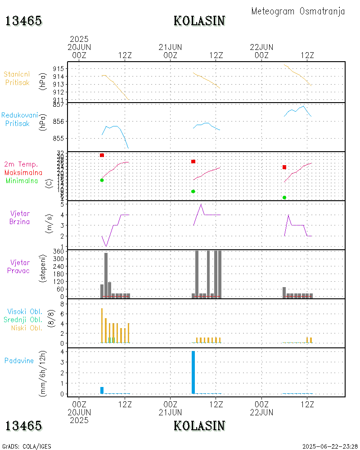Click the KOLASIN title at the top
[199, 21]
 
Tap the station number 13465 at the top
[23, 21]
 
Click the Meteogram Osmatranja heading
[298, 11]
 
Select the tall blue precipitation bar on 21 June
[193, 372]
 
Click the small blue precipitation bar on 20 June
[102, 390]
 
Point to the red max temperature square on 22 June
[284, 167]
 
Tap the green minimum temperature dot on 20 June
[102, 180]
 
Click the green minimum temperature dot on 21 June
[193, 191]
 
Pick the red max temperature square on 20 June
[102, 155]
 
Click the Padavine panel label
[19, 360]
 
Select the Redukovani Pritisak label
[19, 119]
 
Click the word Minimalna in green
[22, 180]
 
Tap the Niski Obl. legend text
[27, 328]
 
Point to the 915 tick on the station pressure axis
[58, 68]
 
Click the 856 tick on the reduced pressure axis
[58, 121]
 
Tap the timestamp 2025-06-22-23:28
[330, 446]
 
